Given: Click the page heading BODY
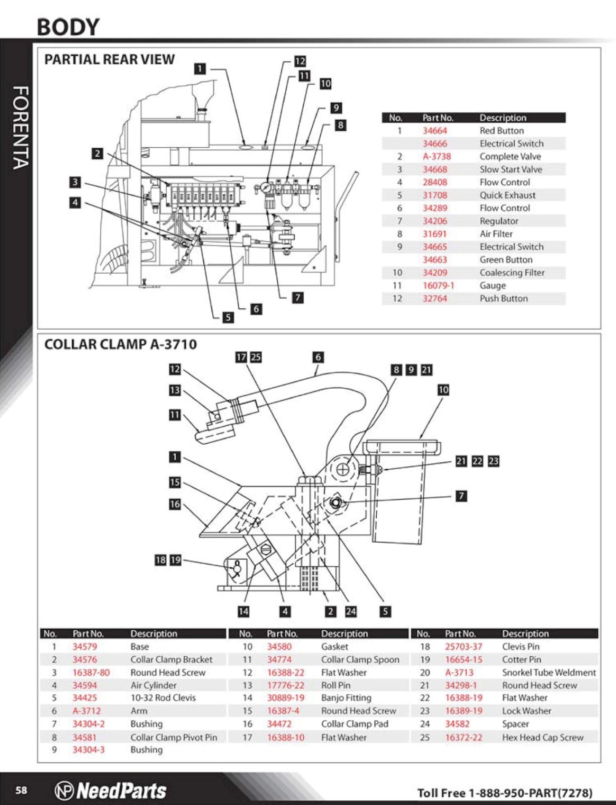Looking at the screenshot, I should tap(68, 27).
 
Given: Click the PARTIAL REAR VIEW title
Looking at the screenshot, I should tap(109, 60).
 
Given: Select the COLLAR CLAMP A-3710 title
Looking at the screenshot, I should tap(120, 344).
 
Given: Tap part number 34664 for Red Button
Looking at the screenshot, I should tap(435, 131).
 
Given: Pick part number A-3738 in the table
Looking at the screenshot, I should tap(436, 157).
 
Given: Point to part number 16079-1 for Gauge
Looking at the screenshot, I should tap(438, 286).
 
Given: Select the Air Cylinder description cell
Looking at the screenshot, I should tap(153, 685).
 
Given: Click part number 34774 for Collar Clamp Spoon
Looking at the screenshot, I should tap(279, 660).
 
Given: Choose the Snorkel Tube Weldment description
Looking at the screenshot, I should tap(549, 672).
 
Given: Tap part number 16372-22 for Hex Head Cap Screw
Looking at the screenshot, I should tap(463, 737).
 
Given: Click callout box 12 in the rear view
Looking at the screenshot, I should tap(300, 61).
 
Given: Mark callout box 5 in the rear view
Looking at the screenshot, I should tap(228, 317).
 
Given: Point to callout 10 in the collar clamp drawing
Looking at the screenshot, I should tap(443, 390).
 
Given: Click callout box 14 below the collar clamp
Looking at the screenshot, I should tap(243, 611).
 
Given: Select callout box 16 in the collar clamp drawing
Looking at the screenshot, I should tap(175, 504).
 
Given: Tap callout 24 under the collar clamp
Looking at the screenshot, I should tap(351, 611).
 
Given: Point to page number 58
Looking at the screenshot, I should tap(21, 790).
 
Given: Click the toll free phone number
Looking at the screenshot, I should tap(505, 793).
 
